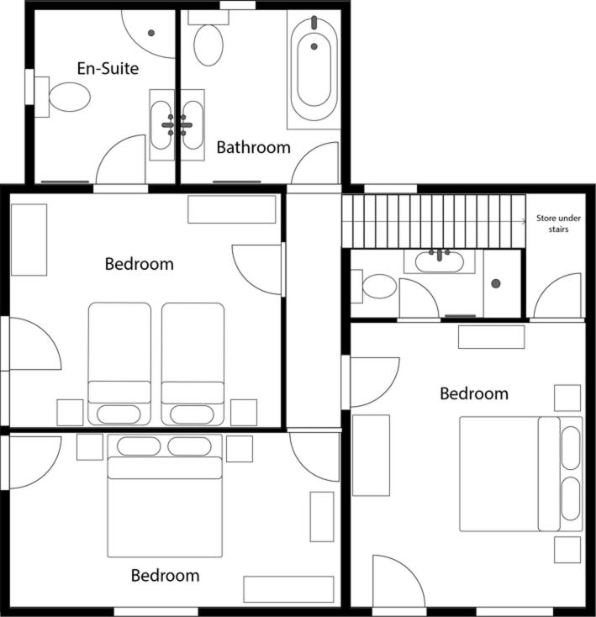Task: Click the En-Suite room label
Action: pos(108,68)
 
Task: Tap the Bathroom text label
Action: pos(254,148)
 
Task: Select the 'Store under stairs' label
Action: pos(558,224)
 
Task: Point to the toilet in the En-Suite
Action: pos(63,97)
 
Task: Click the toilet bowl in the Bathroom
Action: pos(208,45)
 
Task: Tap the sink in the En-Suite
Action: pos(161,125)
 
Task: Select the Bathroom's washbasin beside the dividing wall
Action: pos(193,125)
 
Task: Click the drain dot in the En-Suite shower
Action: pos(151,33)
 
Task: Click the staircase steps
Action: pos(434,222)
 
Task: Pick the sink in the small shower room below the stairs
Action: pos(440,261)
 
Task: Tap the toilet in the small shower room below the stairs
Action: pos(374,286)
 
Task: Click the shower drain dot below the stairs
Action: pos(496,283)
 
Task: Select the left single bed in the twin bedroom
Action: pos(119,364)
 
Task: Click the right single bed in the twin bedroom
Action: pos(193,364)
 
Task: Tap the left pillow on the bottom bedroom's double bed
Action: pos(139,446)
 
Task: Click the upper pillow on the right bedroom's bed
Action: pos(571,448)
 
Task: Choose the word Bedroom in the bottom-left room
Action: pos(166,576)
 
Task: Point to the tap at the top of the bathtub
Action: pos(314,23)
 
